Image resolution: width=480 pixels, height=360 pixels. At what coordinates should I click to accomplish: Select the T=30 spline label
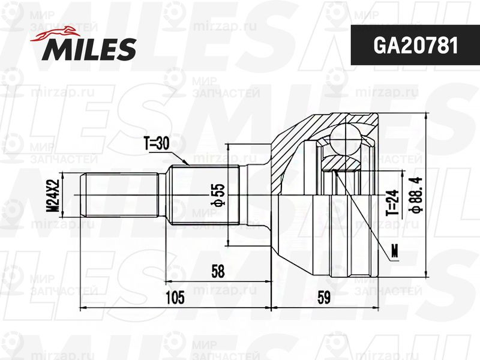coord(157,143)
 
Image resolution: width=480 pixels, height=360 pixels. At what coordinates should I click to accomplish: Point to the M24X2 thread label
coord(52,196)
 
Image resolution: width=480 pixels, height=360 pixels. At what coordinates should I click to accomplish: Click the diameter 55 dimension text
coord(220,195)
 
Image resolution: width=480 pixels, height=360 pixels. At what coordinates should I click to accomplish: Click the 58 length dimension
coord(217,272)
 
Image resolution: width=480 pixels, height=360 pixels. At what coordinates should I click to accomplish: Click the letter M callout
coord(394,251)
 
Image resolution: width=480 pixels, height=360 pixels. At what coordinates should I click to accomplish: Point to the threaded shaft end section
coord(120,196)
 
